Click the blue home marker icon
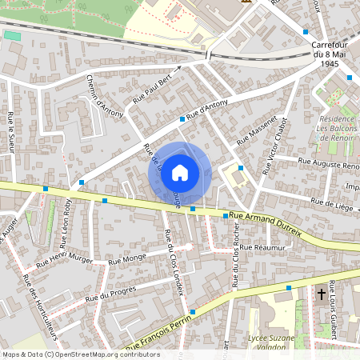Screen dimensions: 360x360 pyautogui.click(x=180, y=173)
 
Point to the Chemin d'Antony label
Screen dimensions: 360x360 pyautogui.click(x=105, y=97)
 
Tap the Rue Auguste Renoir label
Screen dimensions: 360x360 pyautogui.click(x=328, y=164)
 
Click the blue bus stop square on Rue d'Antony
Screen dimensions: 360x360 pyautogui.click(x=182, y=118)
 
